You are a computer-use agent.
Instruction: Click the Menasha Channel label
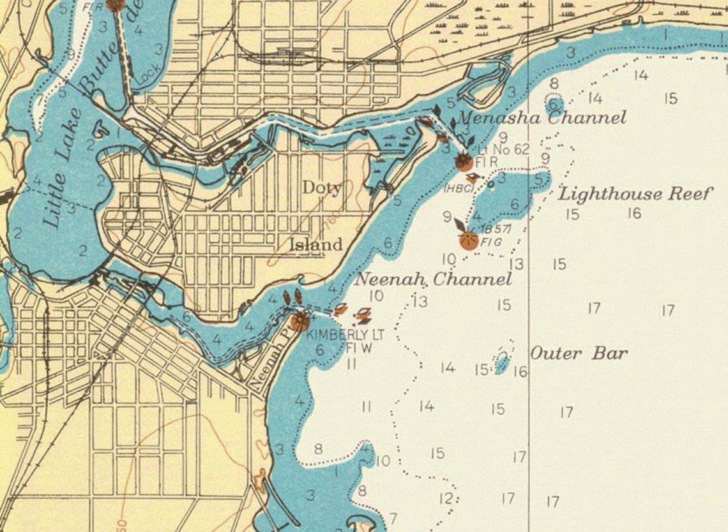tap(542, 118)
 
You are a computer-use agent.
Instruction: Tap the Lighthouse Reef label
tap(633, 194)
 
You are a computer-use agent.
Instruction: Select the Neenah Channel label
tap(433, 279)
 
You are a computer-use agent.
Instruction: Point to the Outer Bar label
tap(579, 353)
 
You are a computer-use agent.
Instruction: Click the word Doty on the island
tap(321, 188)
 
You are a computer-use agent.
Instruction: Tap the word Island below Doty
tap(315, 244)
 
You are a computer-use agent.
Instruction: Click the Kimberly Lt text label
tap(338, 335)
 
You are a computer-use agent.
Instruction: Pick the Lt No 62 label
tap(504, 150)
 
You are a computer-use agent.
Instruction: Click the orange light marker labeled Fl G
tap(469, 240)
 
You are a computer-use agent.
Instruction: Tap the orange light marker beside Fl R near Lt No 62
tap(464, 162)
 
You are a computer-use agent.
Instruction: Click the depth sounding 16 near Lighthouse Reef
tap(633, 213)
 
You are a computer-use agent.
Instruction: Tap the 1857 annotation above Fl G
tap(490, 229)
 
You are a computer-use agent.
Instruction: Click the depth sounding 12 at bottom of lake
tap(446, 498)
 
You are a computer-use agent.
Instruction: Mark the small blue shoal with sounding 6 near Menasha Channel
tap(554, 105)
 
